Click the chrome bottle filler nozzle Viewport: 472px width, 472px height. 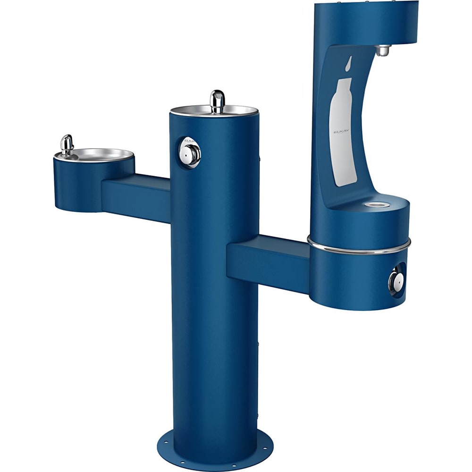click(383, 50)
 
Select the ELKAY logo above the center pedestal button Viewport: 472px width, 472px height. click(188, 140)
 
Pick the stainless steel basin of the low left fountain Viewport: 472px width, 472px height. click(99, 154)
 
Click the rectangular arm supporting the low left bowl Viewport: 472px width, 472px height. click(137, 196)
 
